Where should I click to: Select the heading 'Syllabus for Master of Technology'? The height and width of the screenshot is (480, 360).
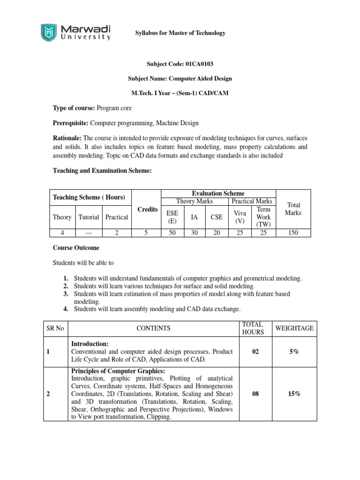(180, 33)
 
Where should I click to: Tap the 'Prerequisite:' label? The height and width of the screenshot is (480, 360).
(70, 123)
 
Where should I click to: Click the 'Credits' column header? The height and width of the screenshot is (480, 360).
(147, 209)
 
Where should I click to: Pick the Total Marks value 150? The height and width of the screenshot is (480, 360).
(293, 232)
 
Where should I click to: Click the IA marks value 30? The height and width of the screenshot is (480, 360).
(194, 232)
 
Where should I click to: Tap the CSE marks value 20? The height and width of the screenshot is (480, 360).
(217, 232)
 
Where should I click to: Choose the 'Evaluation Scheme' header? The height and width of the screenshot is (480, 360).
(218, 193)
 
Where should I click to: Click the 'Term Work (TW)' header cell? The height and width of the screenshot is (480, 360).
(264, 217)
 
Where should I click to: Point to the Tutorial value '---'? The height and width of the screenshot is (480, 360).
(89, 232)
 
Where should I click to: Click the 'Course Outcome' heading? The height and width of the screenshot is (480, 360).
(75, 247)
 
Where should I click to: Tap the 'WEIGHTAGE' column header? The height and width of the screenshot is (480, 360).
(294, 328)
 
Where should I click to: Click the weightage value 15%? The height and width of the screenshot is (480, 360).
(294, 394)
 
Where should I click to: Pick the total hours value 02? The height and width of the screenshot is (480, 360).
(255, 351)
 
